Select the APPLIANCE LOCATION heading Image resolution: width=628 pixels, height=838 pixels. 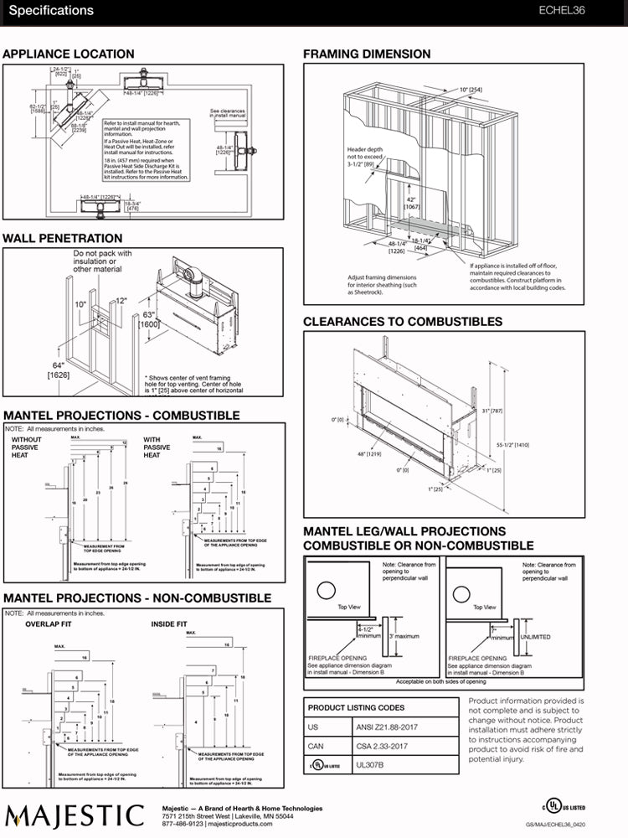[x=68, y=54]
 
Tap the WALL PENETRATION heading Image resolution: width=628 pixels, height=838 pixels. [x=63, y=239]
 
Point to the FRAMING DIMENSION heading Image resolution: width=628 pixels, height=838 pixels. [x=367, y=54]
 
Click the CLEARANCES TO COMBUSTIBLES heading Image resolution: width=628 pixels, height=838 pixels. [x=403, y=322]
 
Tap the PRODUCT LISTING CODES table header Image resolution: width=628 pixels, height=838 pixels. [x=356, y=707]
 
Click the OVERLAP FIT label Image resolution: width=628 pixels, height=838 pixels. [x=49, y=624]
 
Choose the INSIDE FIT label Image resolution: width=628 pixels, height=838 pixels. [x=169, y=624]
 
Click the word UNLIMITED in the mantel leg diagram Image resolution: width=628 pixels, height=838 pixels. [x=535, y=637]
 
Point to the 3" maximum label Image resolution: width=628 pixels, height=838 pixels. [x=406, y=637]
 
